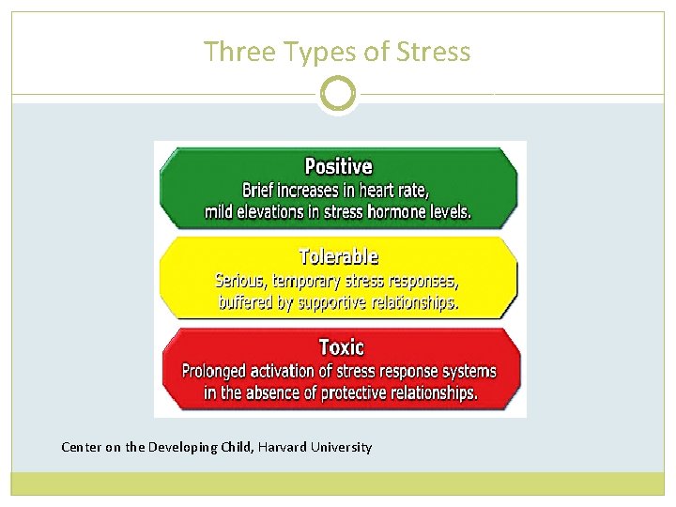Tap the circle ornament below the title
[x=338, y=94]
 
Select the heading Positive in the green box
[x=338, y=167]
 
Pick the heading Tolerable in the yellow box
[x=338, y=256]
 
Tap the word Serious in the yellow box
[x=241, y=281]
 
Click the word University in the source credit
[x=342, y=447]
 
